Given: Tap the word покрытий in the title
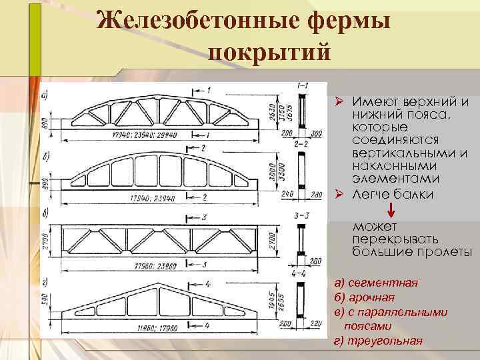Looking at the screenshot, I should [269, 52].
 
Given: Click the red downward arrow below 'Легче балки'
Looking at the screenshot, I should [391, 209].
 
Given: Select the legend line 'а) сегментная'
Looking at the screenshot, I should [376, 283].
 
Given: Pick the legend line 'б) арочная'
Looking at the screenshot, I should [365, 297].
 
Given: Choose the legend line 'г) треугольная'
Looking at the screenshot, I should [377, 341].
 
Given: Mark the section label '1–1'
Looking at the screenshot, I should [302, 86].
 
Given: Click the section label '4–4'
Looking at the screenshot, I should [299, 273].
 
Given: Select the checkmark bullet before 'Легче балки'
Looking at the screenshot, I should [338, 195].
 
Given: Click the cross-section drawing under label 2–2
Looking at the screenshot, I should [301, 170].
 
